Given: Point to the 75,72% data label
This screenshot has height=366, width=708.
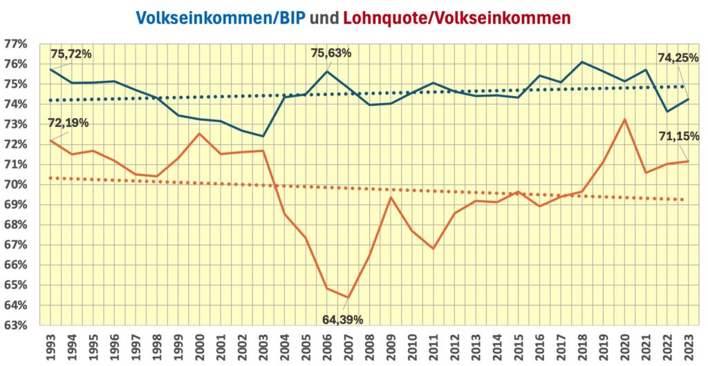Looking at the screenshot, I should tap(71, 54).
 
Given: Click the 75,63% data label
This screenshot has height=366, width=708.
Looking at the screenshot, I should tap(330, 52).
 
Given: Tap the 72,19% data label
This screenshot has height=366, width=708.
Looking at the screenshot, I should tap(70, 124).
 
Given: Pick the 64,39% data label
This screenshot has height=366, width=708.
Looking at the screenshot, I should tap(342, 319).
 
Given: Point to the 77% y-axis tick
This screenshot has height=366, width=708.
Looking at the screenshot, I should tap(15, 44).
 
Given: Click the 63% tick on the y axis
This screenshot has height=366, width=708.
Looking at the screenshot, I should tap(15, 325).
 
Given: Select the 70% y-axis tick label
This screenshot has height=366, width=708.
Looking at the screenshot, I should tap(15, 184).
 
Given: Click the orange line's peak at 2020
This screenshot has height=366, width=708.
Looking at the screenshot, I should tap(624, 119).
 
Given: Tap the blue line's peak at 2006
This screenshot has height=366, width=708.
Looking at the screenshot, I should tap(326, 72).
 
